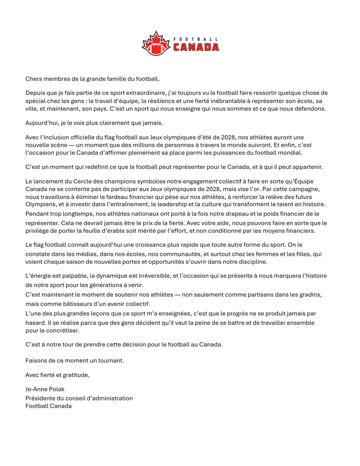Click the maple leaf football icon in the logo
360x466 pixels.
pyautogui.click(x=157, y=44)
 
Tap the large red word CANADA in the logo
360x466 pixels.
pyautogui.click(x=196, y=47)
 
